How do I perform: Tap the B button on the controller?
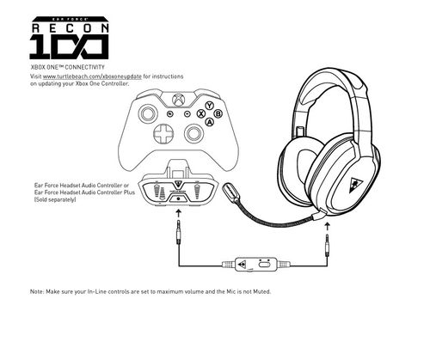point(218,113)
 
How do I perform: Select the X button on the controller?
point(200,113)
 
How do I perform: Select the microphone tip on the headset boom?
point(232,188)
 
